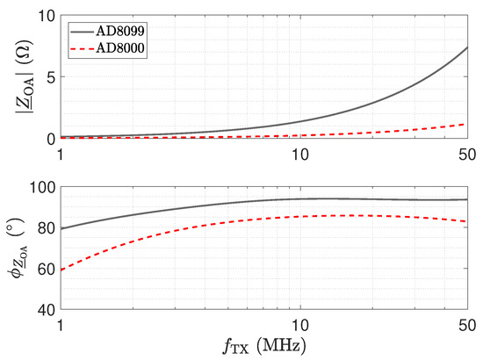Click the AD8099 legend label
click(120, 31)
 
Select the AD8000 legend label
click(120, 48)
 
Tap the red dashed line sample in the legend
click(83, 48)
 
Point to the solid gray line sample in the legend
click(83, 32)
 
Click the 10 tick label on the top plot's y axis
click(46, 16)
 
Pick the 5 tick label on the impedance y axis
click(51, 76)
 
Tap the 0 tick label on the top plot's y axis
click(51, 140)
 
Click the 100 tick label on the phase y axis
click(42, 187)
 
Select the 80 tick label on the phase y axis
click(47, 228)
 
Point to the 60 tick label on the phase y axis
click(47, 270)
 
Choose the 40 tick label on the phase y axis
click(47, 310)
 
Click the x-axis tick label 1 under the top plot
click(61, 155)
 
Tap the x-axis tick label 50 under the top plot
click(467, 155)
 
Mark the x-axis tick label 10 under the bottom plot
click(300, 326)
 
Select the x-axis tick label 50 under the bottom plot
click(467, 326)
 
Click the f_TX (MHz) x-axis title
click(264, 346)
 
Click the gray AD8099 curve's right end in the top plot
click(467, 47)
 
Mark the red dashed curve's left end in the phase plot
click(61, 270)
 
